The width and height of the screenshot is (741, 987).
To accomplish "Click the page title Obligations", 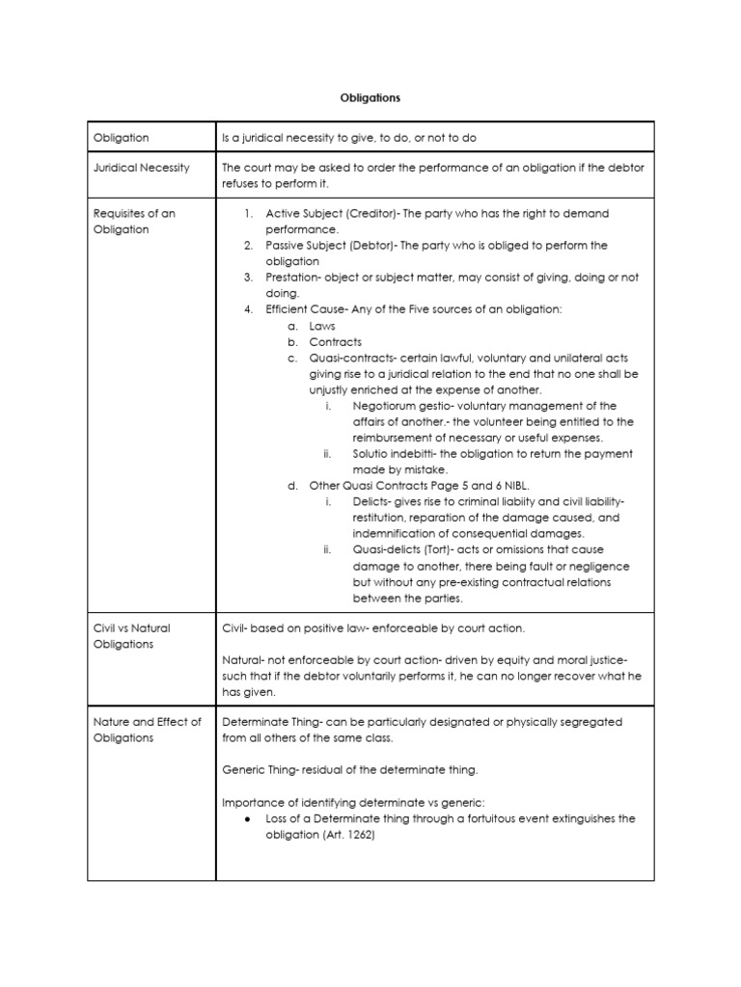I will click(x=370, y=97).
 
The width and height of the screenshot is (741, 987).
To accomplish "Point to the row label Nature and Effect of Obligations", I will click(x=147, y=730).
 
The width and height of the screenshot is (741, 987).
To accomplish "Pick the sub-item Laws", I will click(x=322, y=326).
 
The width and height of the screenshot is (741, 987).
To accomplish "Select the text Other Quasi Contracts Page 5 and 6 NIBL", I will click(x=420, y=486).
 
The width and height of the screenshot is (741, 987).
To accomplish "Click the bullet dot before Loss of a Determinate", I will click(x=249, y=819).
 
